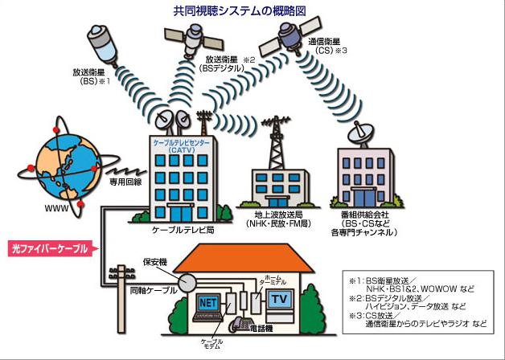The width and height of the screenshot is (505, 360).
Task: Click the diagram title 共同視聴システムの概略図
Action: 240,11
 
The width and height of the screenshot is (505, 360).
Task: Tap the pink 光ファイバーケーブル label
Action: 50,248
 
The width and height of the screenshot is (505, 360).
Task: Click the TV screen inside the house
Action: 279,300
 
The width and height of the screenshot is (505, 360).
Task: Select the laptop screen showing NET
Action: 208,302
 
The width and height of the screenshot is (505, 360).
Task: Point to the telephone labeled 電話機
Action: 240,325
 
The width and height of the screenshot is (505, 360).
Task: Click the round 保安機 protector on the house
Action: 187,283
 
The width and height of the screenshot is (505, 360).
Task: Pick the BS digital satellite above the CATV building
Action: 194,39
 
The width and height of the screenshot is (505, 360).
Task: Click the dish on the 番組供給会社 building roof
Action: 361,133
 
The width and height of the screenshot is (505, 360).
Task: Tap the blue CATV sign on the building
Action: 181,145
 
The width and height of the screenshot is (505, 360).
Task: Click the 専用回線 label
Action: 125,182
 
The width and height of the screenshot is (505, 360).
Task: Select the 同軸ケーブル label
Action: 154,290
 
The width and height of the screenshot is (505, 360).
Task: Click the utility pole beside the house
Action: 121,299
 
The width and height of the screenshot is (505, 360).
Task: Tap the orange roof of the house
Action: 243,258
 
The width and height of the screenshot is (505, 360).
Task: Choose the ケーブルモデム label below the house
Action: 211,344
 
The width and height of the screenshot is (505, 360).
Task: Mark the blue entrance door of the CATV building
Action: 181,214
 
